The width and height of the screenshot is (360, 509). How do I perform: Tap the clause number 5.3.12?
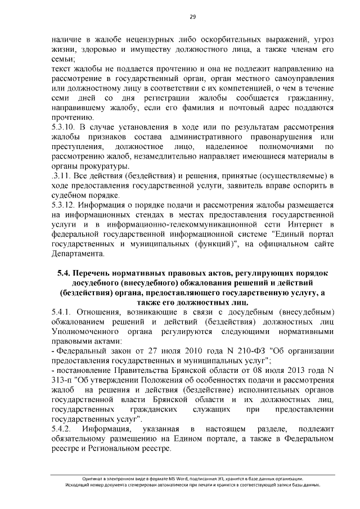(63, 205)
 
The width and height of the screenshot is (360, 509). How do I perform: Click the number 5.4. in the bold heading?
(67, 273)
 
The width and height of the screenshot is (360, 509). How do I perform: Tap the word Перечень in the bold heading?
(94, 273)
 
